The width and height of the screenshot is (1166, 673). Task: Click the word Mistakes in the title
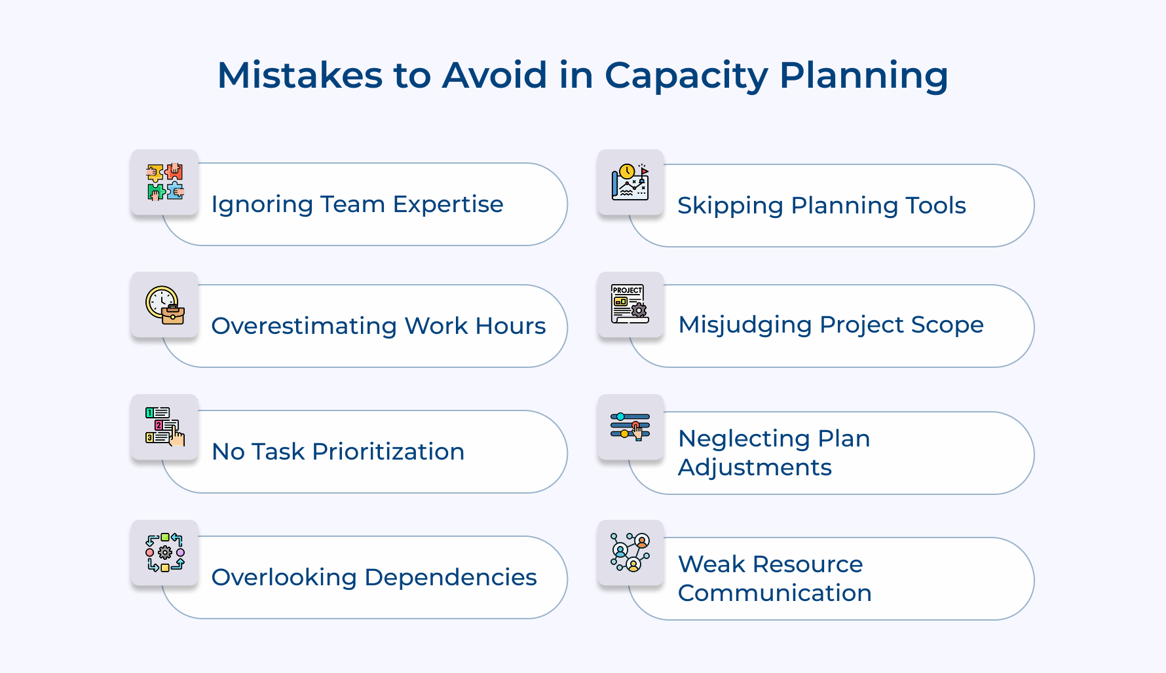point(299,75)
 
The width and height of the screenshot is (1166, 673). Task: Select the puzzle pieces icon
point(165,182)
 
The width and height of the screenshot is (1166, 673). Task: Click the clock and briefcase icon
point(165,305)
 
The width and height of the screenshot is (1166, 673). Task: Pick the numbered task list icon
point(165,427)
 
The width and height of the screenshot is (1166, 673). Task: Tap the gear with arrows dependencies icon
point(165,553)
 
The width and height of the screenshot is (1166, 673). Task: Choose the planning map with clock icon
point(630,182)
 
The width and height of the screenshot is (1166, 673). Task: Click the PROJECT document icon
point(630,304)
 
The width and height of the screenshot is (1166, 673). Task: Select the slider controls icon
point(630,426)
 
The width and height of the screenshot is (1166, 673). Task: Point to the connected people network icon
point(630,553)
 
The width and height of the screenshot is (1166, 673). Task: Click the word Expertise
point(448,205)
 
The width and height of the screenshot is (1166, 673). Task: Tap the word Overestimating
point(304,326)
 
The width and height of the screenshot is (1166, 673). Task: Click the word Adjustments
point(755,468)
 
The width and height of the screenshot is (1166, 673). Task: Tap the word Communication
point(774,593)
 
